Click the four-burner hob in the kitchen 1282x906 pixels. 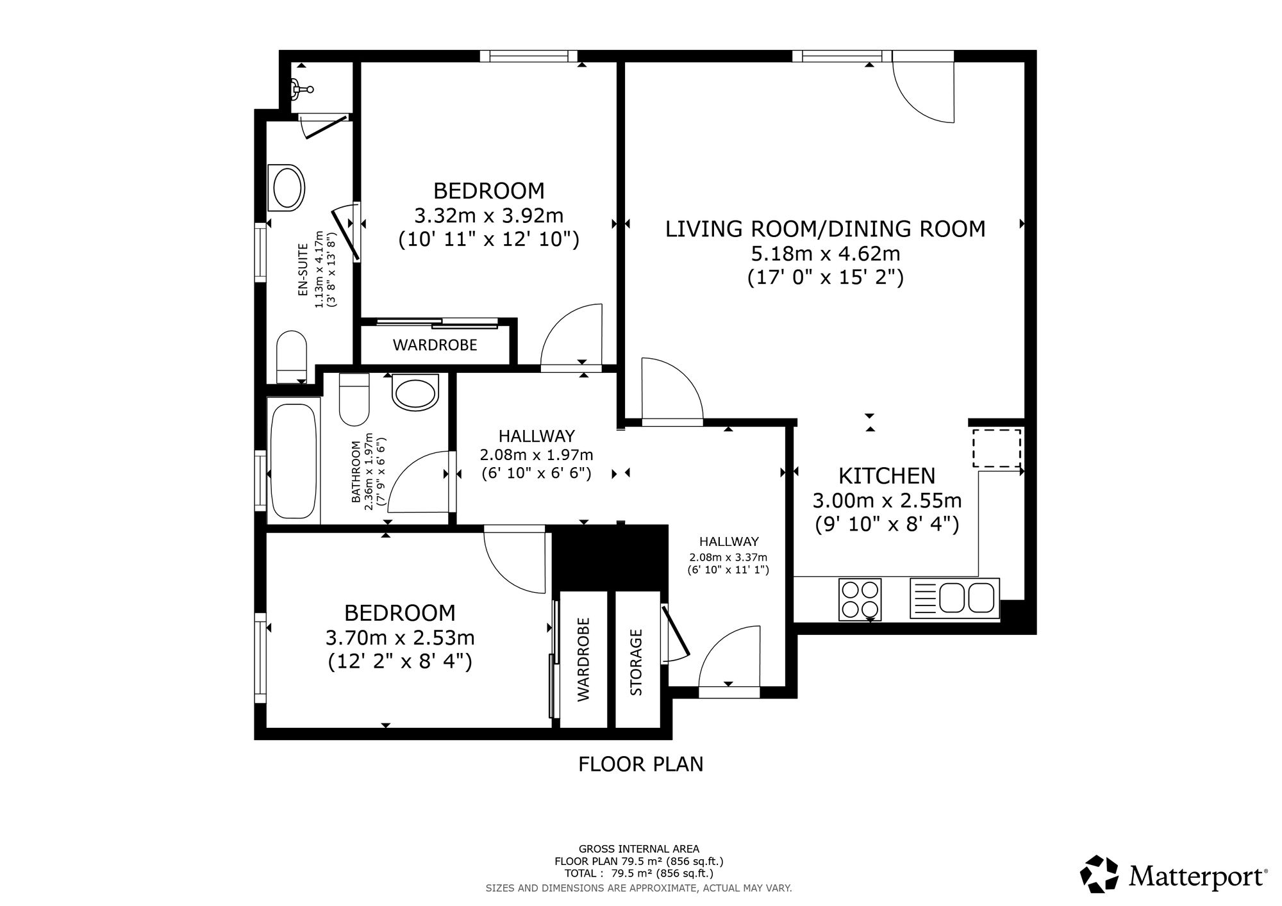[860, 599]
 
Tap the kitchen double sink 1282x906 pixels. [954, 598]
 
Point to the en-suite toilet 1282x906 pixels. [291, 356]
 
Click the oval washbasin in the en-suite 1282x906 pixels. [288, 187]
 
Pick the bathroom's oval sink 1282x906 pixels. [415, 393]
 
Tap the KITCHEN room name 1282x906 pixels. [887, 476]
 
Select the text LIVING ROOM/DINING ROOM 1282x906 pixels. [825, 229]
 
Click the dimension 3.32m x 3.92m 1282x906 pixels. [489, 215]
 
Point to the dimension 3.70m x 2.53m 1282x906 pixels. [400, 638]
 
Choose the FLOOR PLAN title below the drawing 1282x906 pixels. [641, 764]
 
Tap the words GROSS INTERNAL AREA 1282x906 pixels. [639, 850]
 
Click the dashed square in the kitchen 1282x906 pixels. [997, 448]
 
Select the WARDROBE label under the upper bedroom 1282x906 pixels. [435, 345]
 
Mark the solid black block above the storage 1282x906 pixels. [610, 557]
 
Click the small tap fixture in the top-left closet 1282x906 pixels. [300, 89]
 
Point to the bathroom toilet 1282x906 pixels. [354, 400]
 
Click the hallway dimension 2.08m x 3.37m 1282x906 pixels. [728, 557]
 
